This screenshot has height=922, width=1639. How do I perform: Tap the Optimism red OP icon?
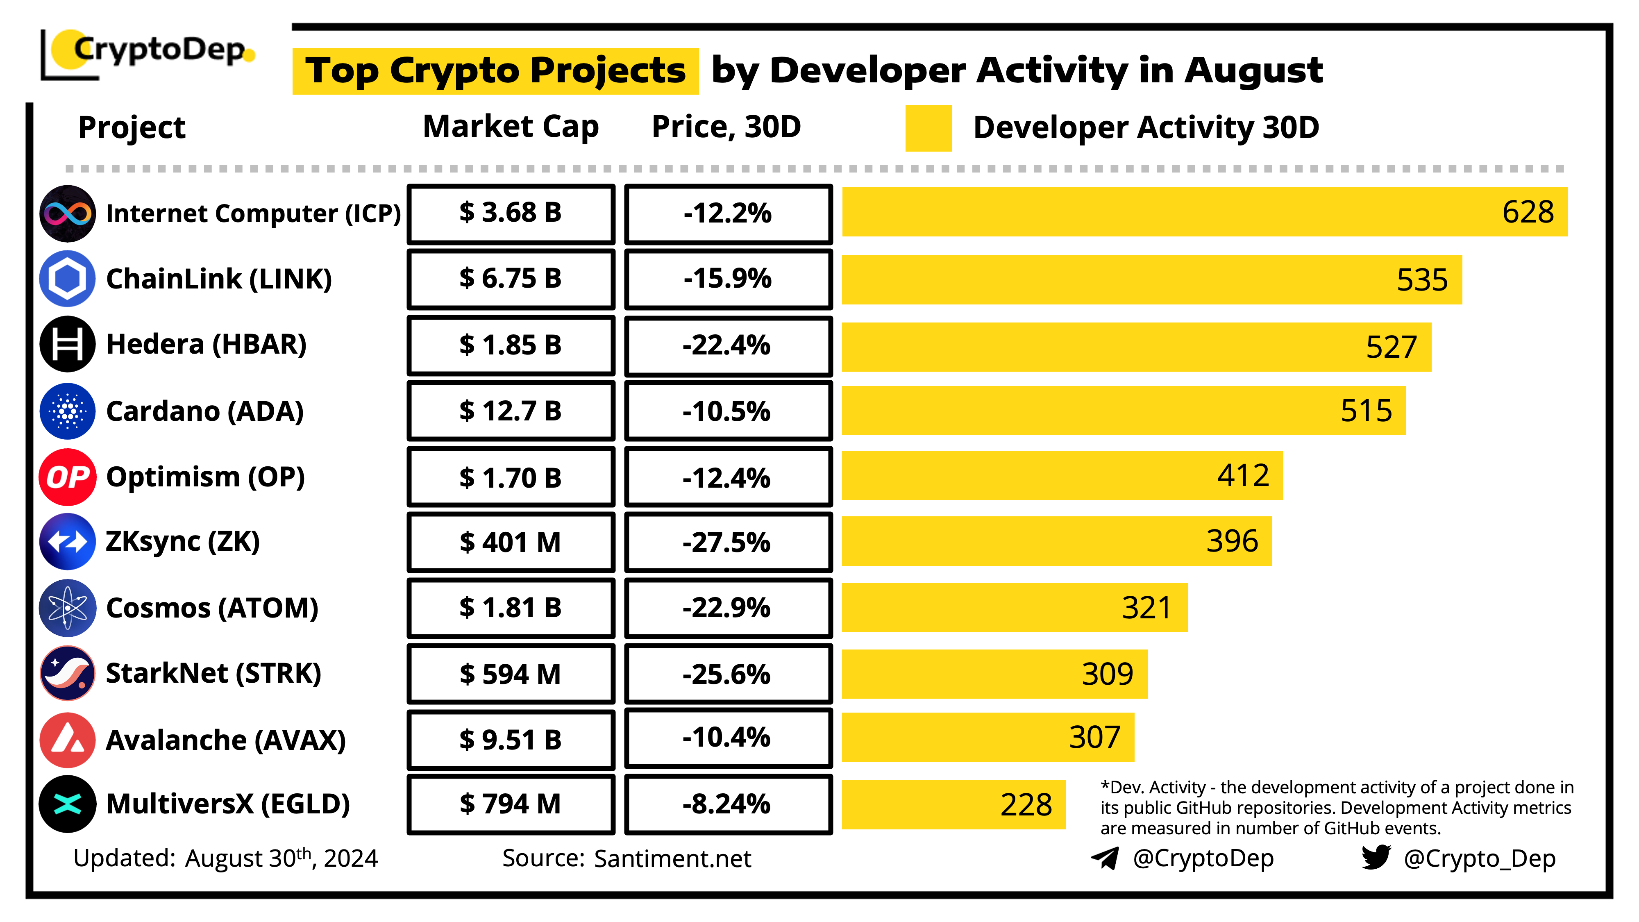coord(68,477)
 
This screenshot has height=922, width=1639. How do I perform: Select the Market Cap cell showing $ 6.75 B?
coord(511,279)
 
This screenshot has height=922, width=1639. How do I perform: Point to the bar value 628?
coord(1528,212)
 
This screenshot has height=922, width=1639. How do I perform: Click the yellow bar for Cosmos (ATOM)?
coord(1014,608)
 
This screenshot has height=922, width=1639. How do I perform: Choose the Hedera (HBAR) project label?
coord(206,344)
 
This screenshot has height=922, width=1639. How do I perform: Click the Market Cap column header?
coord(511,127)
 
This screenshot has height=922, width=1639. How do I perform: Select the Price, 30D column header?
coord(726,127)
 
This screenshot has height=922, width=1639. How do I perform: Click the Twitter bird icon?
coord(1376,857)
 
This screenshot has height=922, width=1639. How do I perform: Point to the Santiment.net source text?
coord(672,858)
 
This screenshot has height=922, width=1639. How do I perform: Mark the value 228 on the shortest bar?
coord(1026,805)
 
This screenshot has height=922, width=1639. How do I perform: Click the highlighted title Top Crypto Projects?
coord(495,70)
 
